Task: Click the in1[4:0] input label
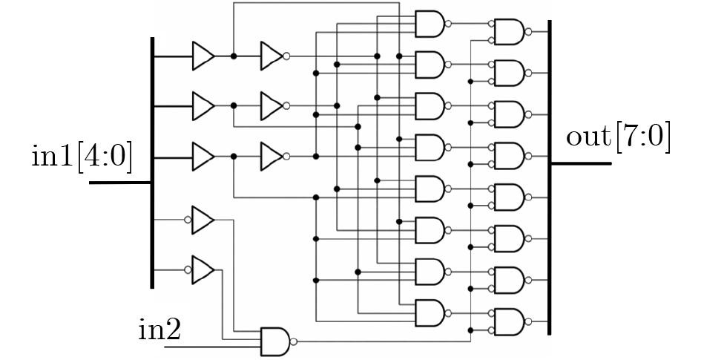(82, 156)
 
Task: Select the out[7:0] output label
(619, 137)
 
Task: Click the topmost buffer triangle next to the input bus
(203, 56)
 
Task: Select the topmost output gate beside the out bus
(510, 32)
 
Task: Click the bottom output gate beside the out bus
(510, 321)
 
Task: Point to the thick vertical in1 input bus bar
(153, 163)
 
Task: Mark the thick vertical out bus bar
(550, 177)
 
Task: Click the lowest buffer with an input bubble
(200, 269)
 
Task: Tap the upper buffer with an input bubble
(200, 220)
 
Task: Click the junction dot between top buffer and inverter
(234, 56)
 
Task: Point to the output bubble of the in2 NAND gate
(293, 341)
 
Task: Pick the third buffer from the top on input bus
(203, 156)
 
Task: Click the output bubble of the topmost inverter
(286, 56)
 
